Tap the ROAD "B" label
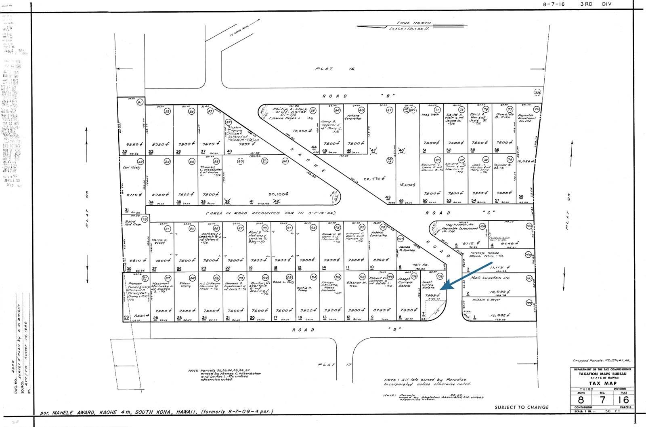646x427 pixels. [x=359, y=96]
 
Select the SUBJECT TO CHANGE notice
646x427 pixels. [x=522, y=407]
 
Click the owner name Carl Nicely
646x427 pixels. [x=132, y=167]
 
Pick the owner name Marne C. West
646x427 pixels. [x=160, y=242]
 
